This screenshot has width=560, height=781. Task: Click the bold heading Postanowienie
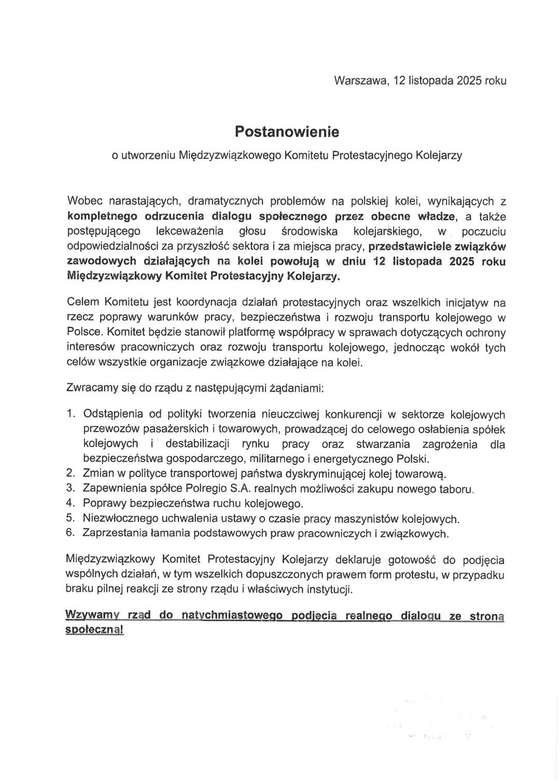pyautogui.click(x=287, y=132)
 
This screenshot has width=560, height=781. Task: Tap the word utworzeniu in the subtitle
pyautogui.click(x=148, y=155)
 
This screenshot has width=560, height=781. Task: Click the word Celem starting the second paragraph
pyautogui.click(x=83, y=302)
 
